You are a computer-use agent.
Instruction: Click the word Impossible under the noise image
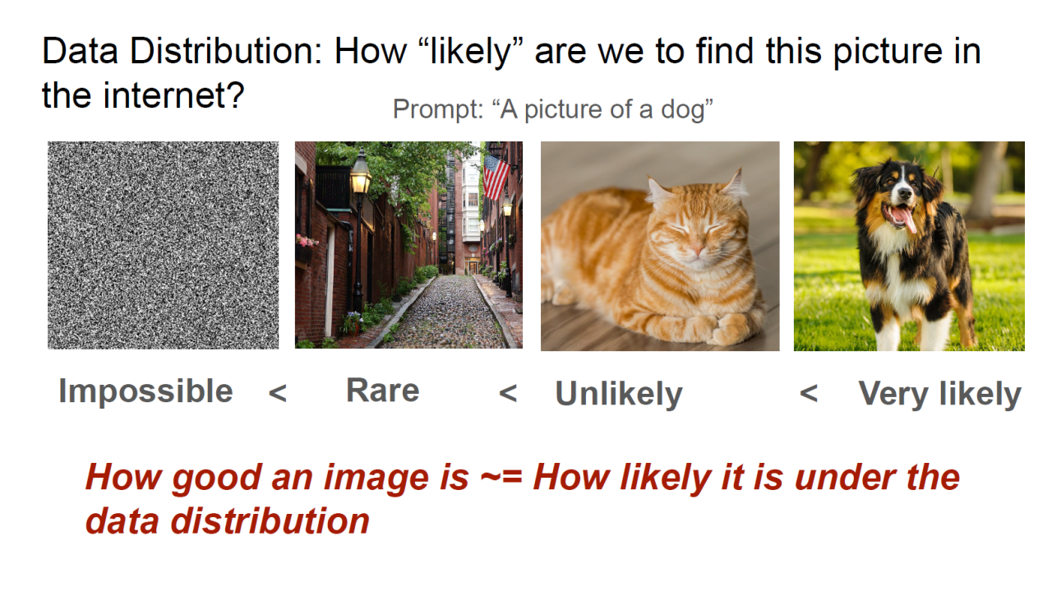pyautogui.click(x=145, y=391)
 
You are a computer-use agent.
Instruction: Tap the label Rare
pyautogui.click(x=383, y=391)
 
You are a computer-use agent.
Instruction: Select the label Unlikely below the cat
pyautogui.click(x=619, y=394)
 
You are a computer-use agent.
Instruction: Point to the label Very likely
pyautogui.click(x=939, y=394)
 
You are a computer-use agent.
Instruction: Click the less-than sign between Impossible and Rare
pyautogui.click(x=278, y=393)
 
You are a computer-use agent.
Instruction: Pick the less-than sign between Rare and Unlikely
pyautogui.click(x=508, y=393)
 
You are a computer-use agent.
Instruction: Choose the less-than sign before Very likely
pyautogui.click(x=808, y=393)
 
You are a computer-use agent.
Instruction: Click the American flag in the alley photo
pyautogui.click(x=496, y=177)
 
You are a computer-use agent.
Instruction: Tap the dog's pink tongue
pyautogui.click(x=907, y=219)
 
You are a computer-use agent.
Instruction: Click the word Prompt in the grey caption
pyautogui.click(x=438, y=110)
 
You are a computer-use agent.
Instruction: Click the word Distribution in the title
pyautogui.click(x=226, y=51)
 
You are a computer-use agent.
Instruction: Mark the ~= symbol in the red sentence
pyautogui.click(x=501, y=476)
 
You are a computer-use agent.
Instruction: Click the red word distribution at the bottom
pyautogui.click(x=270, y=521)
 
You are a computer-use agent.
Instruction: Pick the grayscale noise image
pyautogui.click(x=163, y=245)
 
